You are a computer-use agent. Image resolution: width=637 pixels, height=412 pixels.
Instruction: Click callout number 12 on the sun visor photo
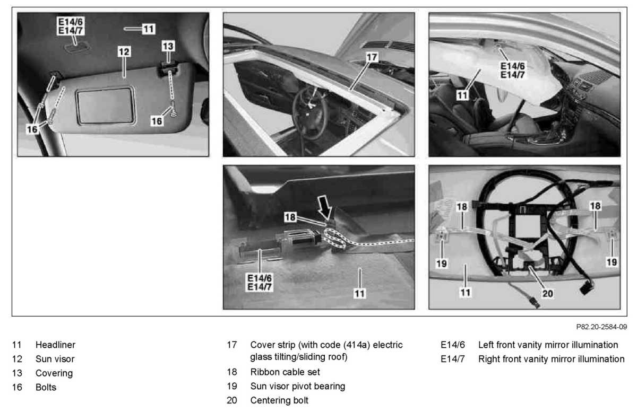[x=124, y=52]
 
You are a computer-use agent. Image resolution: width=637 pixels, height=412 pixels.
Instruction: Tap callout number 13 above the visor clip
[x=168, y=46]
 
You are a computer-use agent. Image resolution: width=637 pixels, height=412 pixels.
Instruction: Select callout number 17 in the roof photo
[x=372, y=57]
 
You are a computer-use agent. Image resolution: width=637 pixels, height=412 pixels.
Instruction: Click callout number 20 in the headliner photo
[x=547, y=293]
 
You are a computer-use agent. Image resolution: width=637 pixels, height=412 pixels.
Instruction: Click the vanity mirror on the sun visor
[x=106, y=106]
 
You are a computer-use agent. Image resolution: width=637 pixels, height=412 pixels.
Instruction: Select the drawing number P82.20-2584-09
[x=601, y=327]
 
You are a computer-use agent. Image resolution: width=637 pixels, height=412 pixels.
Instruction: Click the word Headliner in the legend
[x=55, y=345]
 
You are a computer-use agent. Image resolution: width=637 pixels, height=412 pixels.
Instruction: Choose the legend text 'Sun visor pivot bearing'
[x=297, y=386]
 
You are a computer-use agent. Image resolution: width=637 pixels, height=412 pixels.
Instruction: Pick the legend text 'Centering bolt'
[x=279, y=400]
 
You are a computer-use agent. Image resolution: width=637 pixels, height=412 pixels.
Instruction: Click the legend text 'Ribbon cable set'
[x=285, y=372]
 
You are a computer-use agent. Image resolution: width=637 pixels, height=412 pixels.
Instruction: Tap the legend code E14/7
[x=452, y=359]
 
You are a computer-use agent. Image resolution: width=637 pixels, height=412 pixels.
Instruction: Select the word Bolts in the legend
[x=46, y=387]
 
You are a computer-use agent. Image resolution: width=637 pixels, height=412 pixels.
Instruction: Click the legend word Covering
[x=54, y=373]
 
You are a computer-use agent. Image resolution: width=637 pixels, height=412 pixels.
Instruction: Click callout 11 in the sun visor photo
[x=149, y=29]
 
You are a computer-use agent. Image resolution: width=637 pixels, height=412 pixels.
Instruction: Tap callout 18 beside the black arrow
[x=290, y=217]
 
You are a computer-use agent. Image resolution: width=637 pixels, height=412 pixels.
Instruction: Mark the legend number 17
[x=232, y=345]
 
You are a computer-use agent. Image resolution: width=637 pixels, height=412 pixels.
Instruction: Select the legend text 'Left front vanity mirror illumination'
[x=548, y=345]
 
